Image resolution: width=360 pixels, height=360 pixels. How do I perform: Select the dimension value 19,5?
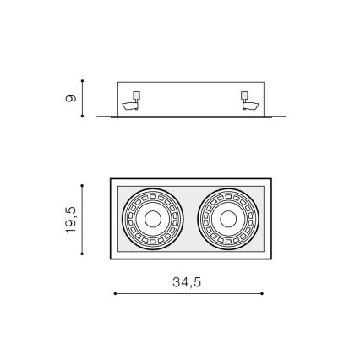(x=72, y=219)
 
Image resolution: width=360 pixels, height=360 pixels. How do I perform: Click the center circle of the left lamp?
(x=152, y=218)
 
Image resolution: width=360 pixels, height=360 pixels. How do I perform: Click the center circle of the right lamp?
(x=227, y=218)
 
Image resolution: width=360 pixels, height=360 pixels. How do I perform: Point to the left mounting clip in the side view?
(x=132, y=101)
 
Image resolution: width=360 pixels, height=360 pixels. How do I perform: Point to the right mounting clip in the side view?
(x=248, y=101)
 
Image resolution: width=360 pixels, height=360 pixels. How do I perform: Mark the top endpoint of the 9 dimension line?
(x=83, y=82)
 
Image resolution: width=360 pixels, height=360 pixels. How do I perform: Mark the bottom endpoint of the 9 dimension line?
(x=83, y=116)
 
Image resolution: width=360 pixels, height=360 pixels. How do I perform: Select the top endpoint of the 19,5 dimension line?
(x=83, y=184)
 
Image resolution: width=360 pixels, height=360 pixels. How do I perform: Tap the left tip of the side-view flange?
(x=98, y=117)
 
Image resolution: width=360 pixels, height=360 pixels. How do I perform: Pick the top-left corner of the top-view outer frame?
(x=111, y=179)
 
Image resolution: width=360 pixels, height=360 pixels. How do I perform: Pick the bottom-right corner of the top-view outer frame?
(x=271, y=258)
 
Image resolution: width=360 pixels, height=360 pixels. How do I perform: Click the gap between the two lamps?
(x=190, y=218)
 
